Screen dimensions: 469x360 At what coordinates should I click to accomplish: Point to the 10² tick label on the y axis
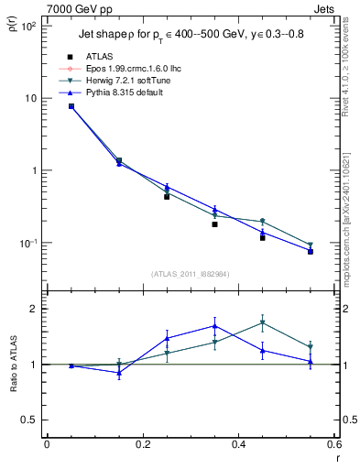pos(28,26)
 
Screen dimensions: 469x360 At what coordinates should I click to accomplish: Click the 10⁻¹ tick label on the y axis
pos(28,243)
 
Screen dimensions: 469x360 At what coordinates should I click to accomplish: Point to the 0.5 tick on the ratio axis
pos(30,420)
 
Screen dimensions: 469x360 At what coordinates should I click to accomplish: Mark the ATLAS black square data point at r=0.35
pos(214,224)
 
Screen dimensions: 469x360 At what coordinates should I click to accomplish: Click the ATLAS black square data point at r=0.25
pos(167,196)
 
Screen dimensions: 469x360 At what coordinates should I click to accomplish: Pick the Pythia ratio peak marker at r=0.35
pos(214,325)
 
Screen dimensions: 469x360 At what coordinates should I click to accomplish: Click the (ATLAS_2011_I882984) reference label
pos(191,274)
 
